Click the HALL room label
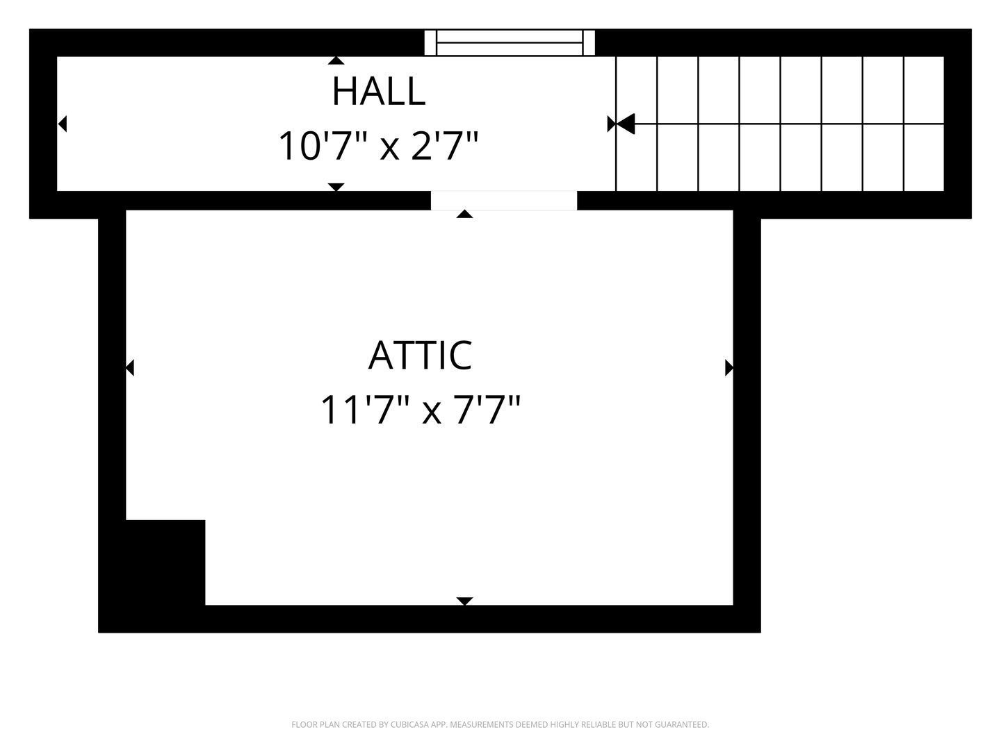(379, 92)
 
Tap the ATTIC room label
(420, 355)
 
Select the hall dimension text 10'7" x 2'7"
(378, 146)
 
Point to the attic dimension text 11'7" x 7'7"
(420, 410)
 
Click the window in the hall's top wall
(510, 43)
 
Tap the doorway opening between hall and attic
(504, 201)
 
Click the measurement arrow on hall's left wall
(63, 124)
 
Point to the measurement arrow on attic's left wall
(129, 367)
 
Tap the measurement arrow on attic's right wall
(729, 367)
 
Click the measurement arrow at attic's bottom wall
(464, 601)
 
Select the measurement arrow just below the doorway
(464, 214)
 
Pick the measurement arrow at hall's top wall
(336, 60)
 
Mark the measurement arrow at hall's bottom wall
(336, 187)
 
